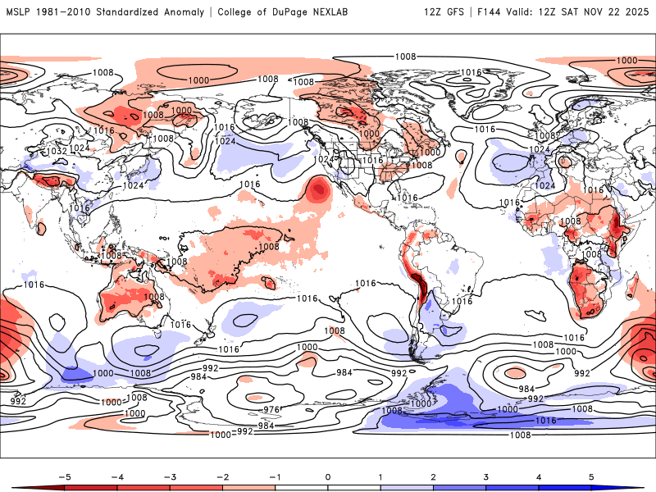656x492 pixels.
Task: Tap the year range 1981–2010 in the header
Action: (x=65, y=12)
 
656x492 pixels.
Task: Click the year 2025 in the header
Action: (x=635, y=12)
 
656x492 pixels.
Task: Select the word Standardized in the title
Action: (x=135, y=12)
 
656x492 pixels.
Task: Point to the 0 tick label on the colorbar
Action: (x=328, y=476)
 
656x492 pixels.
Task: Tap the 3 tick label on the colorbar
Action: (x=486, y=476)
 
